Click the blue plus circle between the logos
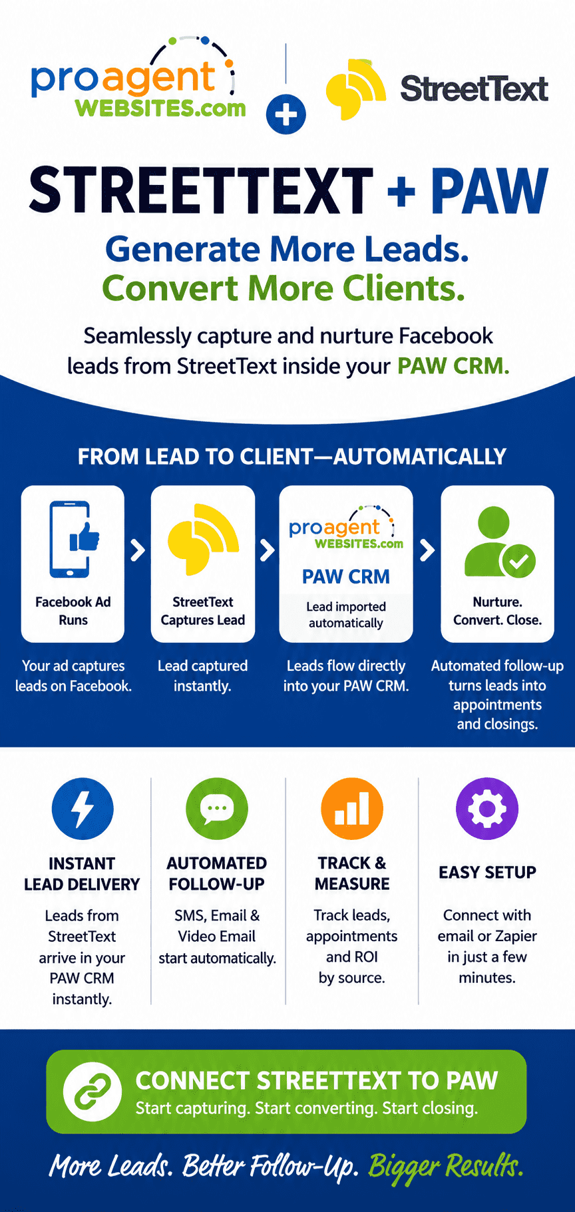pos(286,114)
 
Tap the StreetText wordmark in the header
pos(474,89)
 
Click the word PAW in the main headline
pos(489,191)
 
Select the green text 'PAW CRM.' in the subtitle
pos(453,366)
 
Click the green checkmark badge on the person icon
pos(518,560)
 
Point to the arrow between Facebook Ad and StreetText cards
pos(138,550)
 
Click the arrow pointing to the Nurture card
pos(427,550)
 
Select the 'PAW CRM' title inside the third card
pos(346,576)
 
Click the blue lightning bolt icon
pos(83,809)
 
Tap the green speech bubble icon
pos(217,809)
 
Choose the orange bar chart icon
pos(352,809)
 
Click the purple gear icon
pos(487,809)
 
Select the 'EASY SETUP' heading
pos(487,873)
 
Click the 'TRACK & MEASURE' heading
pos(352,873)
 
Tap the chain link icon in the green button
pos(93,1092)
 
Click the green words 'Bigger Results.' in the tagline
pos(446,1165)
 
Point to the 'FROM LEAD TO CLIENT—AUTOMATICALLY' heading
pos(292,457)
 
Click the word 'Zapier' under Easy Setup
pos(516,936)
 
